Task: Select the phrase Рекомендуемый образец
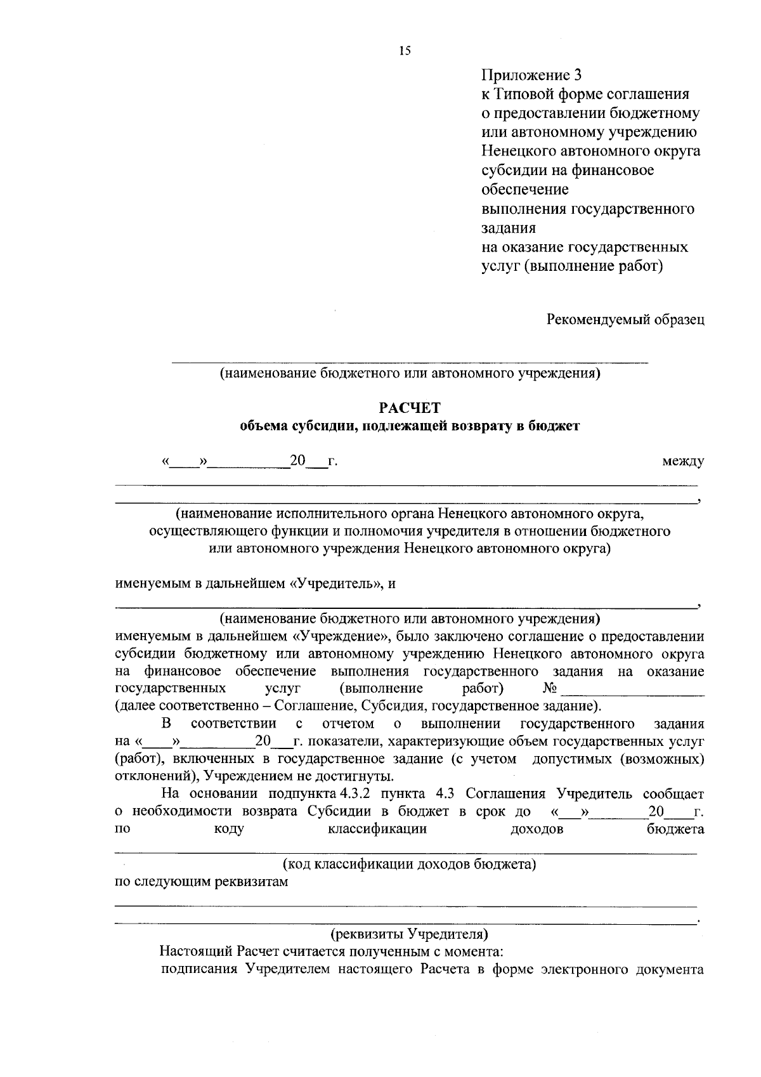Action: (x=626, y=320)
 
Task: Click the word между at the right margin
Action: (x=682, y=462)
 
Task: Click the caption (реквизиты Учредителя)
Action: (x=409, y=934)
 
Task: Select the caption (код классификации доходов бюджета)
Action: (x=409, y=864)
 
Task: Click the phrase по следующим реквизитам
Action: (x=201, y=882)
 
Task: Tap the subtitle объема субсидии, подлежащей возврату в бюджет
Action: (x=409, y=426)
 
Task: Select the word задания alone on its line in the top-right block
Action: (x=509, y=228)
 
